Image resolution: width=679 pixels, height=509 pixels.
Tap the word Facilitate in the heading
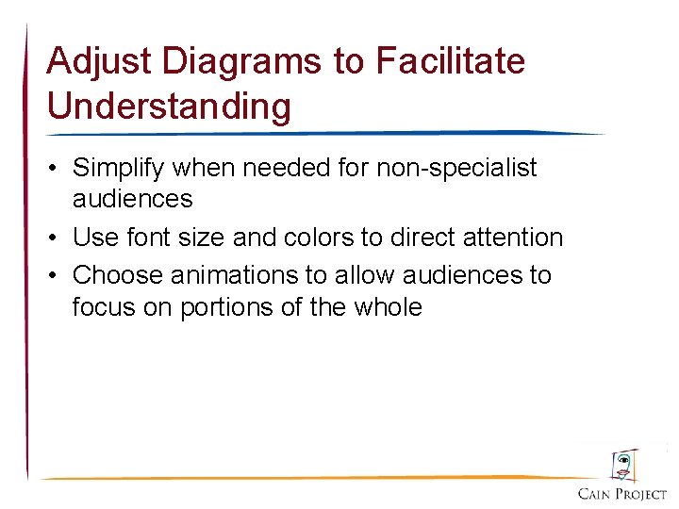[x=450, y=62]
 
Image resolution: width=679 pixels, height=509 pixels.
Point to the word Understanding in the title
[x=169, y=106]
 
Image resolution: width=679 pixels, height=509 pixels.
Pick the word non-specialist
[x=456, y=169]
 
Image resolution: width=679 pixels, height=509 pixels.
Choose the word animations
[x=222, y=275]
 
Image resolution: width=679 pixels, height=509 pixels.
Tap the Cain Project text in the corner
[x=622, y=494]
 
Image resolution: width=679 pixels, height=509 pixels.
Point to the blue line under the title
[x=321, y=133]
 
